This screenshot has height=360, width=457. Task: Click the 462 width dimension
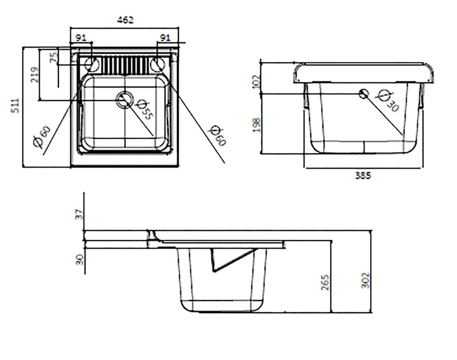click(x=125, y=20)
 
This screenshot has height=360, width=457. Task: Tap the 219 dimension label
click(x=34, y=75)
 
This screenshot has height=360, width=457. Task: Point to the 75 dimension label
click(x=54, y=58)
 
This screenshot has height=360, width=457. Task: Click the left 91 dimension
click(x=81, y=38)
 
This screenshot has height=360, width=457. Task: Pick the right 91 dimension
click(x=165, y=38)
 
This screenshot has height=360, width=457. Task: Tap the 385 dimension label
click(x=362, y=175)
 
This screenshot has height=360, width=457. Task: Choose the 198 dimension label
click(x=255, y=124)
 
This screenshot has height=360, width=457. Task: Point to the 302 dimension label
click(x=366, y=279)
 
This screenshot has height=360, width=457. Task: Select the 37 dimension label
click(x=79, y=214)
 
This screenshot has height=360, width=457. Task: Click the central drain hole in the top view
click(x=124, y=100)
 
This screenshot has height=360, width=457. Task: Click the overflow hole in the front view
click(x=363, y=94)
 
